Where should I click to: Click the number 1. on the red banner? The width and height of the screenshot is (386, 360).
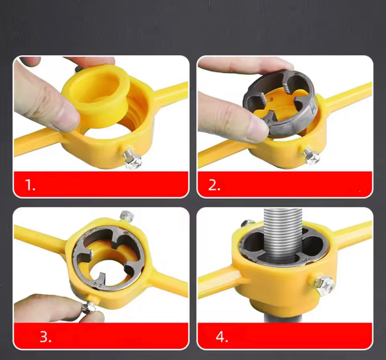point(30,185)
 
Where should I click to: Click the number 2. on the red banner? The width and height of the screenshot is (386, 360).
point(214,185)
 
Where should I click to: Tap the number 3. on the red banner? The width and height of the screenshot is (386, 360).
point(45,337)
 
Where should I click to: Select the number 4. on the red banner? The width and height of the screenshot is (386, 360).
point(222,337)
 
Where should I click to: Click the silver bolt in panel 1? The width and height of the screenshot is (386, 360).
point(133,159)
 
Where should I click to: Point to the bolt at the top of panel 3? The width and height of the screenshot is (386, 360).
point(126,216)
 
